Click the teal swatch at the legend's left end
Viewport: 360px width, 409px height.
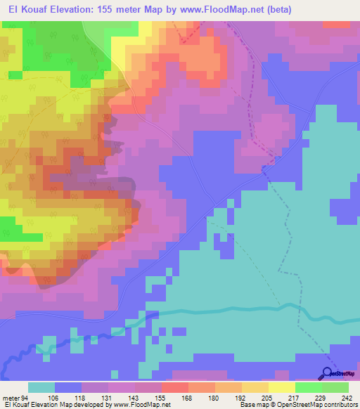41,388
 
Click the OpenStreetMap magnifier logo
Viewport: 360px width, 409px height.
328,372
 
